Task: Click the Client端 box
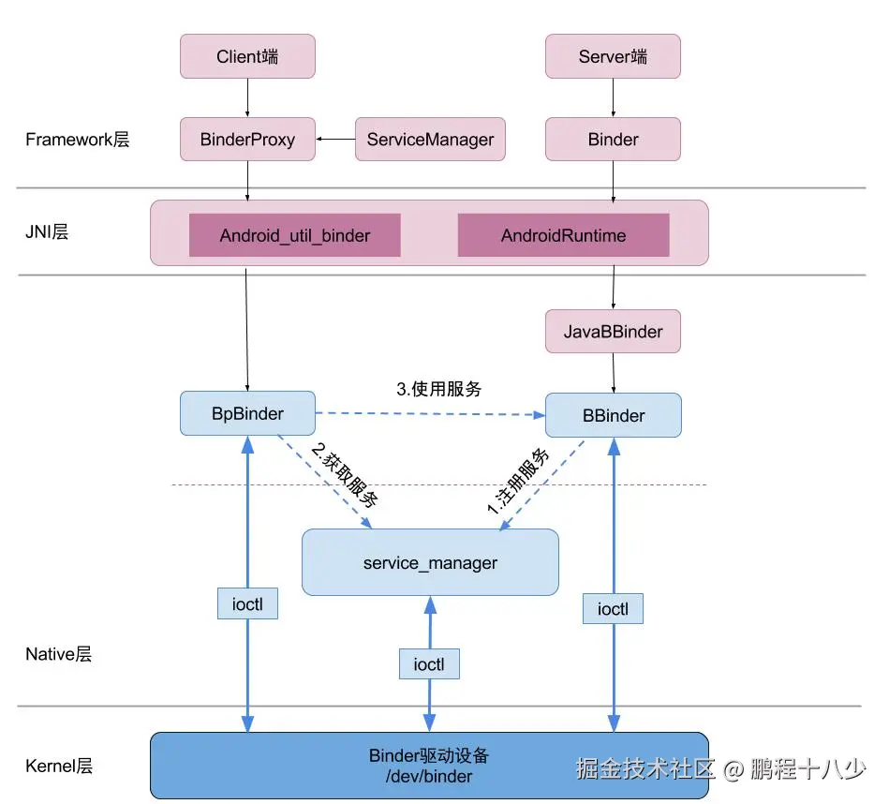click(247, 56)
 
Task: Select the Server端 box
click(613, 56)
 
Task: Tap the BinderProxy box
click(247, 139)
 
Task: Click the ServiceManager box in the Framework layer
click(430, 139)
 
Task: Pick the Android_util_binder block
click(295, 235)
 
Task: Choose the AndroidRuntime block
click(564, 235)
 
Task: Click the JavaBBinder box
click(613, 331)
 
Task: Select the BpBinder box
click(247, 413)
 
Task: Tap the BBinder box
click(614, 415)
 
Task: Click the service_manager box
click(430, 562)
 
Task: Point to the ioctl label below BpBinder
click(247, 603)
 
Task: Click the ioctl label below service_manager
click(429, 664)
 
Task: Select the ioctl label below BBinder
click(613, 608)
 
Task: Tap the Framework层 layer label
click(78, 140)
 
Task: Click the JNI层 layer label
click(47, 231)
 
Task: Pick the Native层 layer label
click(58, 654)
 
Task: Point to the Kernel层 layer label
click(59, 766)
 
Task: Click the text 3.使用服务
click(438, 389)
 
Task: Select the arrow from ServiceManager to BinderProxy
click(335, 139)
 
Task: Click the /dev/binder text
click(429, 776)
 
